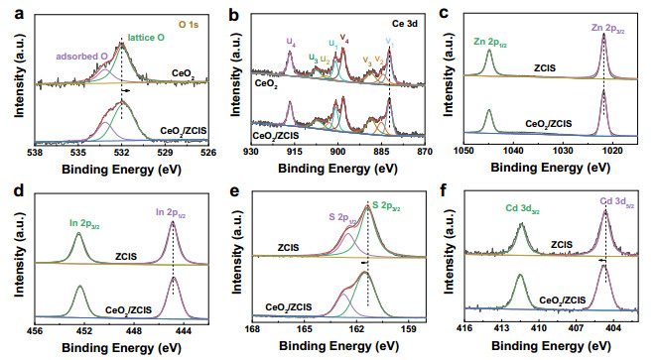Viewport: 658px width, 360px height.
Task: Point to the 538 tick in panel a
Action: click(35, 154)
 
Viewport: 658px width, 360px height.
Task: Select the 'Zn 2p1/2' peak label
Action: click(488, 40)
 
